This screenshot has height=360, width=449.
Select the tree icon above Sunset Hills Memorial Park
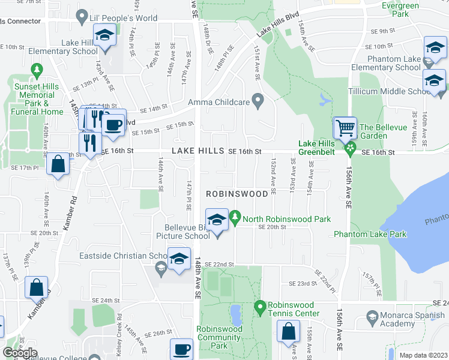[x=37, y=71]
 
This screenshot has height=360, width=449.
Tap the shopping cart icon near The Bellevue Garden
[x=345, y=128]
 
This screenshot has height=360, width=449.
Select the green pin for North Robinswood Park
[x=236, y=215]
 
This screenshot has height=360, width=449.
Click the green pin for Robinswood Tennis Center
[x=260, y=308]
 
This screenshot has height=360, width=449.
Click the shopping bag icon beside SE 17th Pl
[x=58, y=165]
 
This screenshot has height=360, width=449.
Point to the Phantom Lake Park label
[x=370, y=234]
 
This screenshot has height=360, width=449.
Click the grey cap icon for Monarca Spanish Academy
[x=372, y=316]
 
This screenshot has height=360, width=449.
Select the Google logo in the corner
[x=19, y=353]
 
